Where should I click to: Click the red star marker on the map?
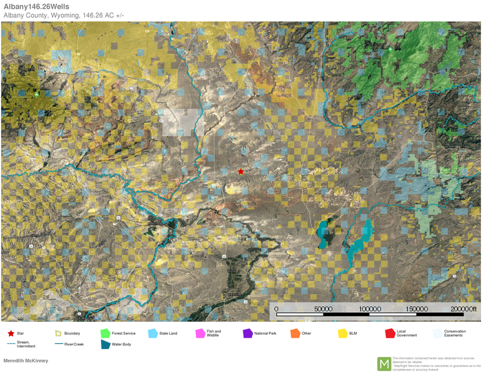[240, 172]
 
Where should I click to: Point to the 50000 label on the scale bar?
[323, 309]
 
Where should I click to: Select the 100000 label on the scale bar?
[370, 309]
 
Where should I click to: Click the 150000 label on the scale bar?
[416, 309]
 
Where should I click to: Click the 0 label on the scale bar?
[276, 309]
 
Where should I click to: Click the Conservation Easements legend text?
[455, 334]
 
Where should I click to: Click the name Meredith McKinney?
[26, 360]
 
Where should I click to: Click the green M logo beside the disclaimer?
[384, 363]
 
